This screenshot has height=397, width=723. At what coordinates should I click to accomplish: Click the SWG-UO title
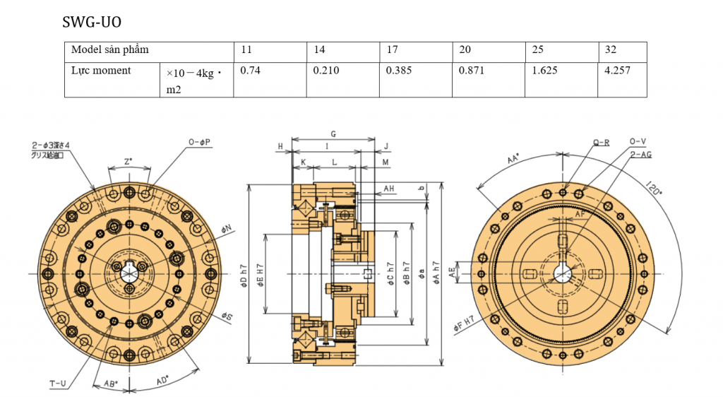pos(92,23)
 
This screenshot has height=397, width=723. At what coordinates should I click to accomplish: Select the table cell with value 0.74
pos(251,71)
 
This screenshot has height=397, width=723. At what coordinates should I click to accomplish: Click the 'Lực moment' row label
pos(101,71)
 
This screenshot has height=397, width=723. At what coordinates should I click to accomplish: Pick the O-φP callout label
pos(200,142)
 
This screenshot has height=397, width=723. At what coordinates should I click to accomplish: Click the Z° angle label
pos(128,162)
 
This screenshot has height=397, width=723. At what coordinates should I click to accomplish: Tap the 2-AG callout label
pos(640,153)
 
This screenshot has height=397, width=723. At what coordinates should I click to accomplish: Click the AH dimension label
pos(389,189)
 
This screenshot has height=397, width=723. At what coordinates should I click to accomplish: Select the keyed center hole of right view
pos(562,273)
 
